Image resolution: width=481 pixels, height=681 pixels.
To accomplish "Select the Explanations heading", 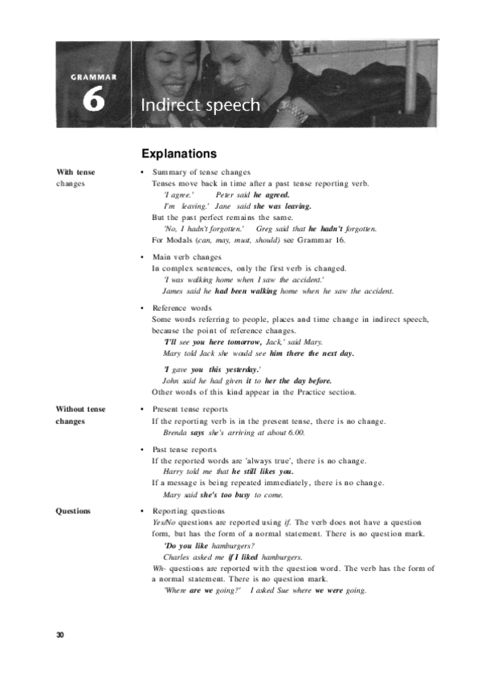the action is (179, 153).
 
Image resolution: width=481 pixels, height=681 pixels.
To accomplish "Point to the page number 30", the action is (60, 635).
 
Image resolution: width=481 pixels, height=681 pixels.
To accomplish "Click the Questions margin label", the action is (73, 511).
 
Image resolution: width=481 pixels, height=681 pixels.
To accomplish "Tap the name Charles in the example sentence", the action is (177, 557).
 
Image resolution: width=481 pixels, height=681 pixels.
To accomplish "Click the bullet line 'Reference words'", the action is (182, 308).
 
